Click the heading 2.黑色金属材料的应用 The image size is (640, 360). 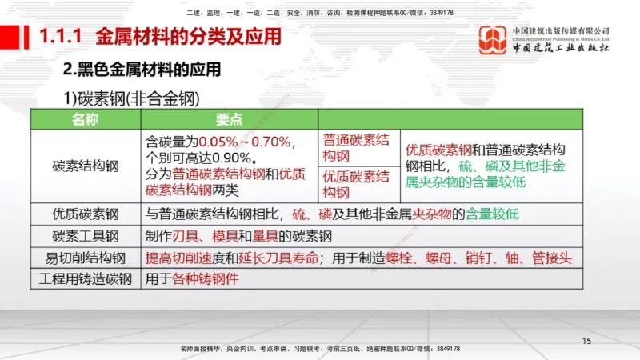pos(142,69)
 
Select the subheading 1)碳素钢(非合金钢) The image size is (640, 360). pos(131,98)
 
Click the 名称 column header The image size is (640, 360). pos(86,119)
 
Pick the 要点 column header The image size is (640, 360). pos(229,119)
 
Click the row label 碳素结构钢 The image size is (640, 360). pos(86,166)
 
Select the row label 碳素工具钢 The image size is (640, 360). pos(86,236)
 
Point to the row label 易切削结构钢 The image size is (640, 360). pos(86,258)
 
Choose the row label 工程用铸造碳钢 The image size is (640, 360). pos(86,279)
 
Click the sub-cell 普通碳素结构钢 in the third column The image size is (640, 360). pos(357,147)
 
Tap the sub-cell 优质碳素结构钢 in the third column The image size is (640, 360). pos(357,184)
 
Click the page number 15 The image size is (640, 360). pos(586,342)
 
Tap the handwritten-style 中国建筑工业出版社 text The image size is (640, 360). pos(561,48)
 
